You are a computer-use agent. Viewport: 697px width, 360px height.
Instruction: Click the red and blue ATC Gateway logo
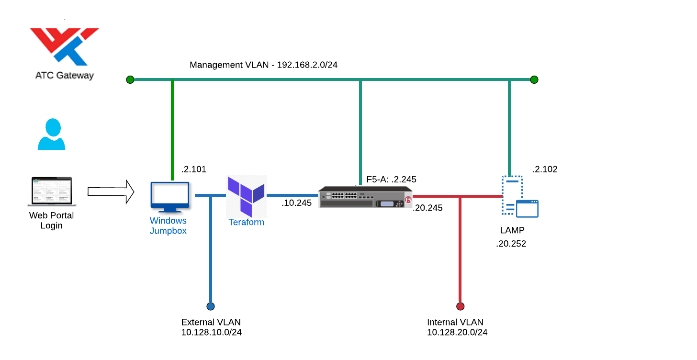(65, 46)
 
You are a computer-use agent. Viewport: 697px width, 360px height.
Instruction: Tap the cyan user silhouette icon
(51, 134)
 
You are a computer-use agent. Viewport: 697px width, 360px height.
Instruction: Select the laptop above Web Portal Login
(52, 191)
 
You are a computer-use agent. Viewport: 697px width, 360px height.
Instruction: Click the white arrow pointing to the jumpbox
(111, 191)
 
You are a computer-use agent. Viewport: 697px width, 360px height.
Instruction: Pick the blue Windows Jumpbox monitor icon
(170, 197)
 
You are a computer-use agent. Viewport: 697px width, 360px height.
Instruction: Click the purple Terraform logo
(246, 196)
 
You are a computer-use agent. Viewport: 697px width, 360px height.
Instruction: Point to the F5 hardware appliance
(365, 197)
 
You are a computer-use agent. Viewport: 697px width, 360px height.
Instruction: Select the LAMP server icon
(520, 197)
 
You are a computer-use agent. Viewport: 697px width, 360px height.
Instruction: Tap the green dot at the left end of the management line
(130, 79)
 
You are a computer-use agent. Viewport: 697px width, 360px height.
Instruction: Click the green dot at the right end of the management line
(534, 79)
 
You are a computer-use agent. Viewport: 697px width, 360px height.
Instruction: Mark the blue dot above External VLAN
(211, 306)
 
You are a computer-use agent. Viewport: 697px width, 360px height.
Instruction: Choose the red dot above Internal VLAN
(461, 306)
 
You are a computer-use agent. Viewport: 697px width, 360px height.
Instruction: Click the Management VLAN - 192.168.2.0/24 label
(264, 65)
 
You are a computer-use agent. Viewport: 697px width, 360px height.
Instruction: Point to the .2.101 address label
(193, 169)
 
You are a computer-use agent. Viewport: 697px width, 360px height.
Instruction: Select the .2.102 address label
(545, 169)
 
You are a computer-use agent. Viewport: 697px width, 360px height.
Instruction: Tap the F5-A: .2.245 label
(391, 179)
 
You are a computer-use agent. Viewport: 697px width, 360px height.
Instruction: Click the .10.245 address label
(296, 203)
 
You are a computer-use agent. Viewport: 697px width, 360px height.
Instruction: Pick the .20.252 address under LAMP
(511, 244)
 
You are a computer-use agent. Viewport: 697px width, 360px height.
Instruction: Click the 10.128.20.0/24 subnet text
(457, 332)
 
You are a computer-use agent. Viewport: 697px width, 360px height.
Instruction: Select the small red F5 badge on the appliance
(408, 200)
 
